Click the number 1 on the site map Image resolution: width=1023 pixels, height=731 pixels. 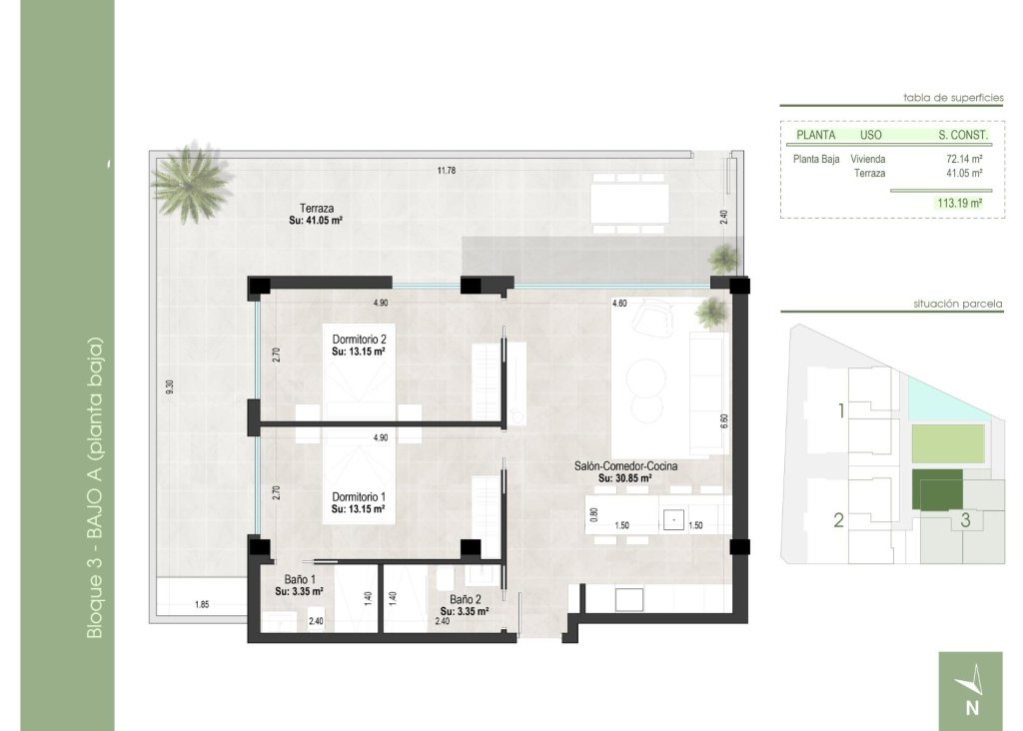(841, 410)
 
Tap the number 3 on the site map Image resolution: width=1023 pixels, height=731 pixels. (965, 519)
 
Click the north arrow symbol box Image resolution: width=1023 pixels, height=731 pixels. (970, 690)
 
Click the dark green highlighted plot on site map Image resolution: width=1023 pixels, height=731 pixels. (937, 491)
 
